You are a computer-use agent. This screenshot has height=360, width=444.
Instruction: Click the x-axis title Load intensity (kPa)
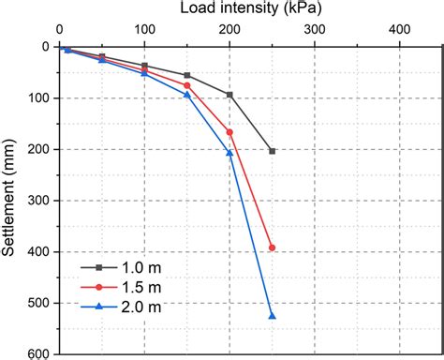click(x=230, y=9)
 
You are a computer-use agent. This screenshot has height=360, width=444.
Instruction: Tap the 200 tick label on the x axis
click(x=229, y=29)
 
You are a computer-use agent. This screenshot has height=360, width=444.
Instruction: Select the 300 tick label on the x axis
click(x=315, y=29)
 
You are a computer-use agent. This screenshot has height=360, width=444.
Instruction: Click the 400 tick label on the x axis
click(x=400, y=29)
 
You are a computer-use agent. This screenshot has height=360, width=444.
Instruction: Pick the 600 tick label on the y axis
click(x=39, y=354)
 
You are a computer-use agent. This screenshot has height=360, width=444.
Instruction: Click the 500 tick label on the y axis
click(x=39, y=304)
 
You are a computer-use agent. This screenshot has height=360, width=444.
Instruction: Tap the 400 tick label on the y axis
click(x=39, y=252)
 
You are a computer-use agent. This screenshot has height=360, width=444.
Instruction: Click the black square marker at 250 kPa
click(x=273, y=151)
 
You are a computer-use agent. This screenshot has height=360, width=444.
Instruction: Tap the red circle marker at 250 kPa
click(x=273, y=247)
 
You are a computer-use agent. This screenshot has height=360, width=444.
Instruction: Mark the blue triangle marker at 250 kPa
click(x=273, y=316)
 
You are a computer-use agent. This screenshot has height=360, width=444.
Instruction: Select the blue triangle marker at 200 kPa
click(x=229, y=153)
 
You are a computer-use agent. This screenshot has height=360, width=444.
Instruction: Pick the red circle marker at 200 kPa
click(x=229, y=132)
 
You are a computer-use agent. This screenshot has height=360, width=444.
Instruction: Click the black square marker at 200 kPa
click(x=229, y=95)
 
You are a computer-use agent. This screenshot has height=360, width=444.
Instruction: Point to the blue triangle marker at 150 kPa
click(x=187, y=95)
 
